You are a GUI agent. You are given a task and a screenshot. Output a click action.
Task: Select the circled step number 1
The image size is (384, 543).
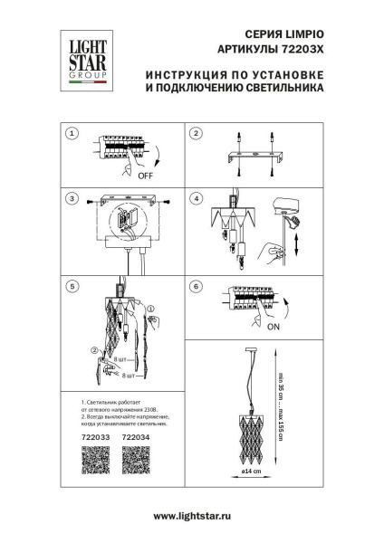[x=72, y=134]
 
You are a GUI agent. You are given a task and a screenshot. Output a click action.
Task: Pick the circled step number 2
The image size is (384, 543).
[x=195, y=134]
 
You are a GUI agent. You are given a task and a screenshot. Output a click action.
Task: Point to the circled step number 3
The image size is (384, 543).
[x=72, y=197]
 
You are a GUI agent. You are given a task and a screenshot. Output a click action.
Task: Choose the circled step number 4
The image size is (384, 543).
[x=195, y=197]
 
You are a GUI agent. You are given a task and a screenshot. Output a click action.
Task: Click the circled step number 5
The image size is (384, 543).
[x=72, y=286]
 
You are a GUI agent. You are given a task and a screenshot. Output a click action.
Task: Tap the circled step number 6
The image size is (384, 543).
[x=195, y=286]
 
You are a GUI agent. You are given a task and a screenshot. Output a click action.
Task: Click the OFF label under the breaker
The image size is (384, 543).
[x=143, y=177]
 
